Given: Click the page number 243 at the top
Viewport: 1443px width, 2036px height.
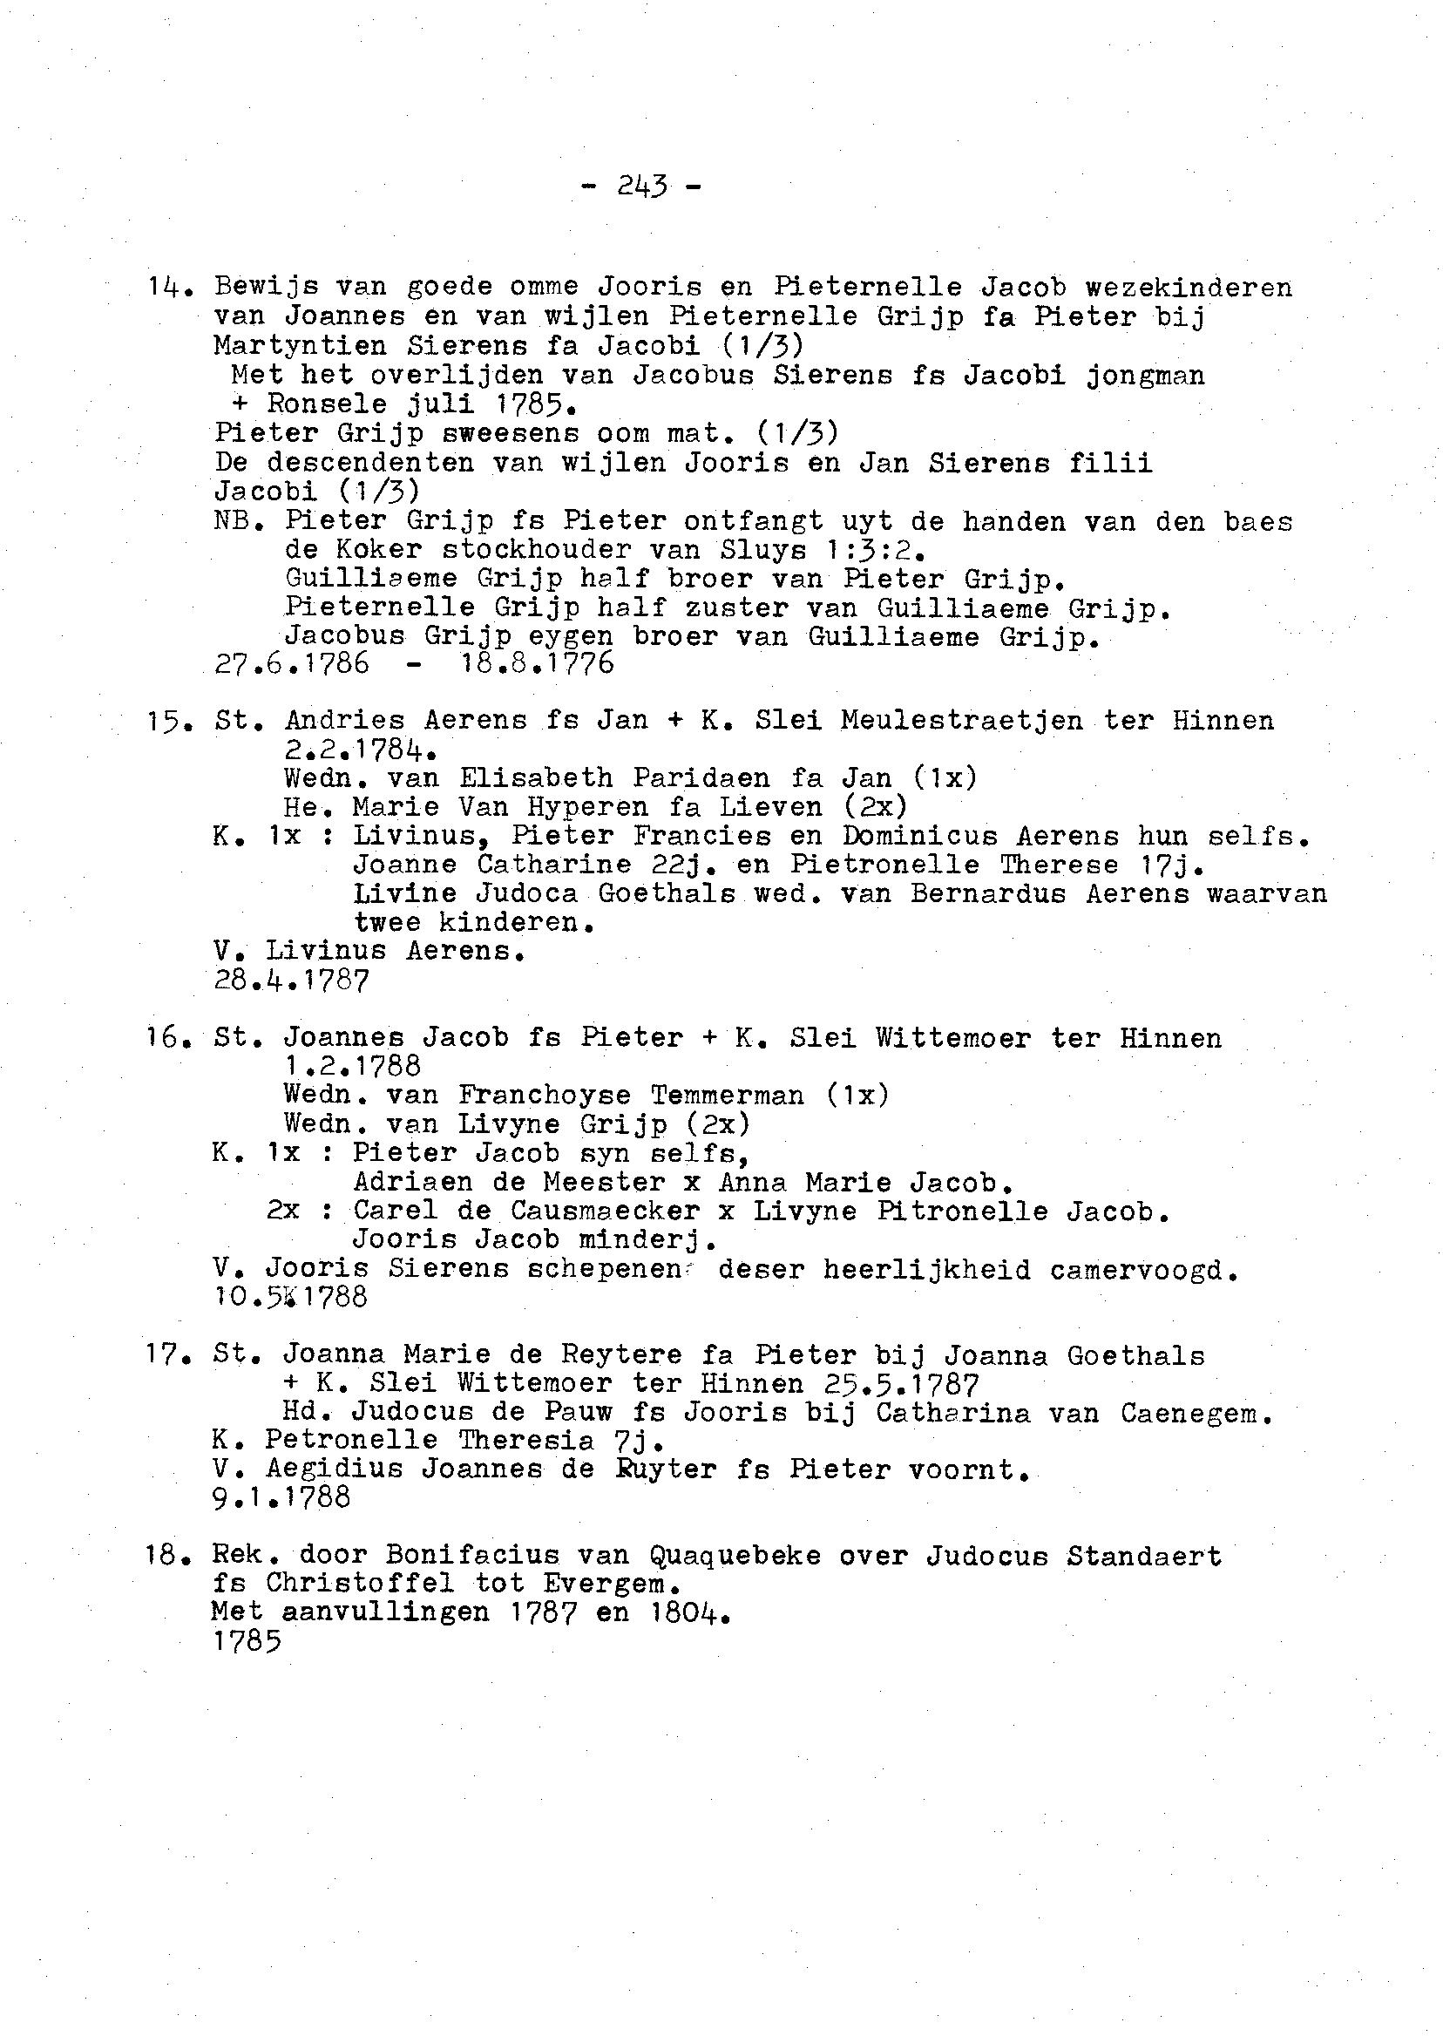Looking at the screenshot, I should click(640, 187).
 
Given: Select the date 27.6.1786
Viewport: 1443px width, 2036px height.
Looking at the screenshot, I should click(291, 664).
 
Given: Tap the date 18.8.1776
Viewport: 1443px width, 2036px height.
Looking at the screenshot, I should click(537, 664).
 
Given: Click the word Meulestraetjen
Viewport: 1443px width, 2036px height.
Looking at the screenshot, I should click(961, 721).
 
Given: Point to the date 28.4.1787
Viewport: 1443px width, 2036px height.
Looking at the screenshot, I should click(291, 981).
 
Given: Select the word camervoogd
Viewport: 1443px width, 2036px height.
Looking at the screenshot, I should click(1142, 1269).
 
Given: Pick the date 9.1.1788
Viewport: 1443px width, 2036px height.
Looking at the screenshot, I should click(281, 1498).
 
